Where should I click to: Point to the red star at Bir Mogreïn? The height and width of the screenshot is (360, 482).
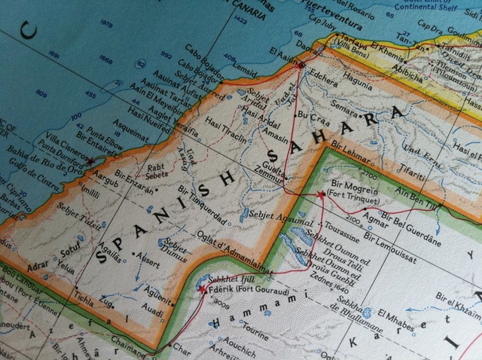click(x=322, y=194)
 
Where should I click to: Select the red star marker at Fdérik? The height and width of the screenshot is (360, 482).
click(x=203, y=288)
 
